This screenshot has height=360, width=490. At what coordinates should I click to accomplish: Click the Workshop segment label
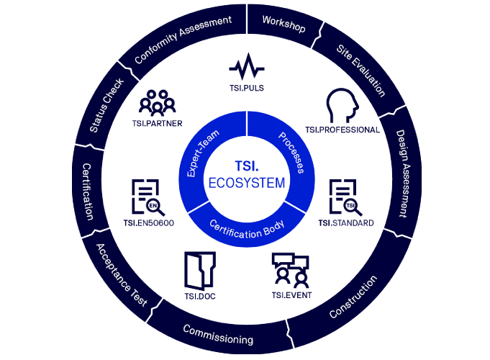click(283, 24)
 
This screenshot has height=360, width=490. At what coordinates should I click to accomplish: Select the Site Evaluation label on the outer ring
click(361, 71)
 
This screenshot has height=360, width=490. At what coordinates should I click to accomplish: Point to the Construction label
click(353, 297)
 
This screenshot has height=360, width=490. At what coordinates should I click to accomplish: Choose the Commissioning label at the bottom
click(218, 335)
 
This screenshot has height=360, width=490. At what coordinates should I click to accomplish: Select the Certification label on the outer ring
click(87, 192)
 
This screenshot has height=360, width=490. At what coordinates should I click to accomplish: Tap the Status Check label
click(106, 105)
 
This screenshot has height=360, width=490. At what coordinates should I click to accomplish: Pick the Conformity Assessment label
click(183, 39)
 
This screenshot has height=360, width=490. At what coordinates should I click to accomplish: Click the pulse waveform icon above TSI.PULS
click(247, 67)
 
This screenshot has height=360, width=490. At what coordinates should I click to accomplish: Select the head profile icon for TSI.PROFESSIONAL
click(342, 105)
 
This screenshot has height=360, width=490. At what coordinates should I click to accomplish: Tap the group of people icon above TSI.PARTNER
click(157, 102)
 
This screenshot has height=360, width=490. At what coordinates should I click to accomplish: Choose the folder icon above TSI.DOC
click(200, 270)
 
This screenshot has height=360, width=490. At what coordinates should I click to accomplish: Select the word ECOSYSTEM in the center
click(247, 183)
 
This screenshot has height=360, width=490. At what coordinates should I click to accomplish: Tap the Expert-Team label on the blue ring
click(202, 153)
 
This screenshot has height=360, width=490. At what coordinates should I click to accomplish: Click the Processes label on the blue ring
click(291, 153)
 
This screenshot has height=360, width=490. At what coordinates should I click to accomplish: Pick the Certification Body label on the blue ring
click(247, 229)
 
